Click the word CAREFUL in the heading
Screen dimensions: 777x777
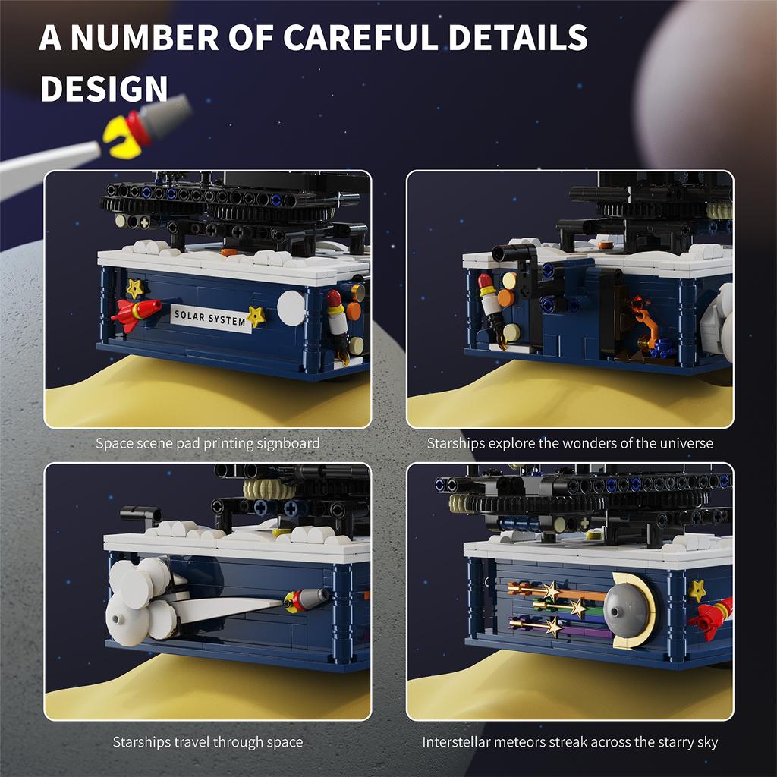point(361,38)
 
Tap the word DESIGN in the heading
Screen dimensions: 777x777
point(104,89)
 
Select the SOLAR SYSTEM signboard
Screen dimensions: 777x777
point(211,318)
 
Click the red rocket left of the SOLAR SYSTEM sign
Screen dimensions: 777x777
point(135,313)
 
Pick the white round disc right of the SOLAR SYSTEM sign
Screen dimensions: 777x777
point(291,308)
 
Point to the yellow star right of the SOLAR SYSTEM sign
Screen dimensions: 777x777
point(256,316)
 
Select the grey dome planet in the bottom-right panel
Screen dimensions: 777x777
point(627,611)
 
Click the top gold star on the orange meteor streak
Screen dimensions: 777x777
point(550,590)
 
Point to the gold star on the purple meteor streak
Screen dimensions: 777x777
point(553,627)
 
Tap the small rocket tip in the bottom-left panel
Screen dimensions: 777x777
point(307,599)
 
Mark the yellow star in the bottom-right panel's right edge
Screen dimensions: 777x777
point(697,590)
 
